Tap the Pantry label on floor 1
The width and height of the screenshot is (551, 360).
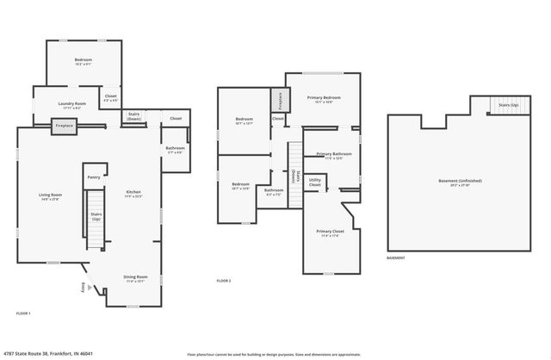(94, 177)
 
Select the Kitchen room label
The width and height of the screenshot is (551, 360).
(133, 193)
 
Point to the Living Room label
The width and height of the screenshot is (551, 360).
(50, 196)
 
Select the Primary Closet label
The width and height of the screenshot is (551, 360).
(329, 233)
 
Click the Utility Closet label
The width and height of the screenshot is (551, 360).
(315, 183)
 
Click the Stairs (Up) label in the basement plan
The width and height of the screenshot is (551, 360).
(509, 105)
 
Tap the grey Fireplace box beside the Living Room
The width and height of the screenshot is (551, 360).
(64, 126)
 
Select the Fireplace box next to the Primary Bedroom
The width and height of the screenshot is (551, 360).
(278, 100)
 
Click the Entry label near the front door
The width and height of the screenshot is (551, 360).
(84, 288)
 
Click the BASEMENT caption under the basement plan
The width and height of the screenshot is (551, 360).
(395, 258)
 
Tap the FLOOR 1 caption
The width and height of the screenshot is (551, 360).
(23, 313)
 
